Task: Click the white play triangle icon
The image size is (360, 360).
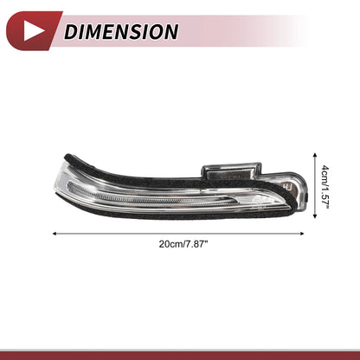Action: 32,31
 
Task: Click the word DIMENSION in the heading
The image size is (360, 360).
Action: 121,31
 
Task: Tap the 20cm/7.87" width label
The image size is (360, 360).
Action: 183,244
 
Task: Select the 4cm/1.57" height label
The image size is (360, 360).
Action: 325,186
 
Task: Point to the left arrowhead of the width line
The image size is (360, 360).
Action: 55,234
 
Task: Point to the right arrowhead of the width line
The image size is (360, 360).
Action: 302,234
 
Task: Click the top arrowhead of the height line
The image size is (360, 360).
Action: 315,156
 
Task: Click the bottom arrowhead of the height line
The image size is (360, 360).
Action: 315,215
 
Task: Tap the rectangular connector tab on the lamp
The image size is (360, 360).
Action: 231,170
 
